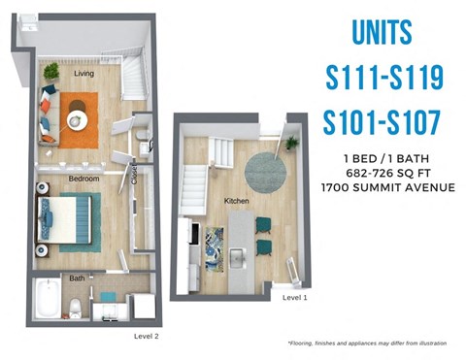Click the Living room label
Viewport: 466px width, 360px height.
pyautogui.click(x=83, y=73)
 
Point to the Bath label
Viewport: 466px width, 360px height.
pyautogui.click(x=76, y=278)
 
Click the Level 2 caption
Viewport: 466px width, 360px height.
pyautogui.click(x=147, y=336)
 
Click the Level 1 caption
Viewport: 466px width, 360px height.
pyautogui.click(x=295, y=299)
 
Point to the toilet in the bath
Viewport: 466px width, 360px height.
pyautogui.click(x=75, y=309)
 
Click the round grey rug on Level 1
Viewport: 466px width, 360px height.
pyautogui.click(x=265, y=171)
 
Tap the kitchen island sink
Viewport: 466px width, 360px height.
pyautogui.click(x=237, y=256)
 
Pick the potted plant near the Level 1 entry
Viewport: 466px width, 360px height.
pyautogui.click(x=291, y=144)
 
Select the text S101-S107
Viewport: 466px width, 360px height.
pyautogui.click(x=383, y=122)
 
